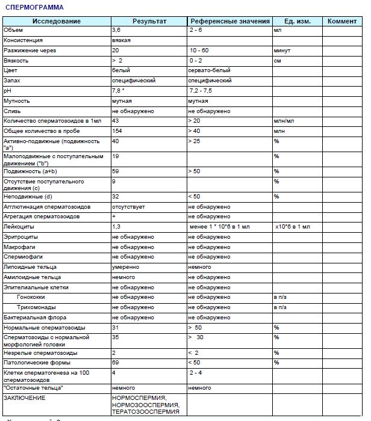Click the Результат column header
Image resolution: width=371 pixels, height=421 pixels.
149,21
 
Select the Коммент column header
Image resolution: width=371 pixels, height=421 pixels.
342,21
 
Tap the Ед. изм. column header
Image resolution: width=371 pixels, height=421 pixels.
297,21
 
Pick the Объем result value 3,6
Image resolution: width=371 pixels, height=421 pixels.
117,29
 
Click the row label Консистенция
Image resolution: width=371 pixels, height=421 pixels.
23,40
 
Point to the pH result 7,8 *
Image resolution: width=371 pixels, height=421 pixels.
120,90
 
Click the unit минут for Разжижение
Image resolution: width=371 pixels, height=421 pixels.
282,50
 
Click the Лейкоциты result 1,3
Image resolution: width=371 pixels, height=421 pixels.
117,227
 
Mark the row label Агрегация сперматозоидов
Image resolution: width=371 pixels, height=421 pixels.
47,217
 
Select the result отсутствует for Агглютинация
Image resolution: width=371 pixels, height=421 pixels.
129,207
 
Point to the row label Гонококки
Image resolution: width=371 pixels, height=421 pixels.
31,297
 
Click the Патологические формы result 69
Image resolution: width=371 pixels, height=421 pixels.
116,363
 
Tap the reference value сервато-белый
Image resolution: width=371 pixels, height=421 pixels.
209,70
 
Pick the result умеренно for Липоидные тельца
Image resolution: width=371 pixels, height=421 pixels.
126,267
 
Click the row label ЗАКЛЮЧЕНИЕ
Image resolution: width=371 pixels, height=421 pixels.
25,398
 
